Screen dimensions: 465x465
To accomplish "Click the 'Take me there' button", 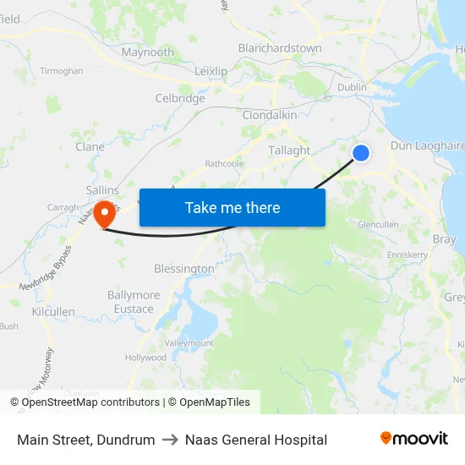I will click(232, 207).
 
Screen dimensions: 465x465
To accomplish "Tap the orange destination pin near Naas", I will click(106, 212).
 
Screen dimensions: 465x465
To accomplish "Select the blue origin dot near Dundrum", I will click(361, 152).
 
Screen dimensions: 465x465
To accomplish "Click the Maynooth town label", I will click(148, 52).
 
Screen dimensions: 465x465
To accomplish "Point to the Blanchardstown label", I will click(280, 48).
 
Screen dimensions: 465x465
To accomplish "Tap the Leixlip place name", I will click(211, 72).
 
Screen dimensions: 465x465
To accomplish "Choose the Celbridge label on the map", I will click(180, 98).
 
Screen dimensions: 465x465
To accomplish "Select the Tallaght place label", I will click(288, 150).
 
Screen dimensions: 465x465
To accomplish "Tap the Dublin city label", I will click(352, 87).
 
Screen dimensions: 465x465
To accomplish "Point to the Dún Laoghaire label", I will click(428, 145).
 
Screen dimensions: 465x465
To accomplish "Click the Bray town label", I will click(444, 239).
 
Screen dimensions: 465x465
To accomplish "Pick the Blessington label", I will click(184, 269).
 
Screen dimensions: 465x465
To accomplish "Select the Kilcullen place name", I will click(53, 311).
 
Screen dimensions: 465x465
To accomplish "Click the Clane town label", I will click(90, 146).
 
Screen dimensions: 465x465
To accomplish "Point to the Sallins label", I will click(102, 190).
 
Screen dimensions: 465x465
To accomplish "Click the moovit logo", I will click(414, 439).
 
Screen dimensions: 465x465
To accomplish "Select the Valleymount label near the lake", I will click(189, 342).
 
